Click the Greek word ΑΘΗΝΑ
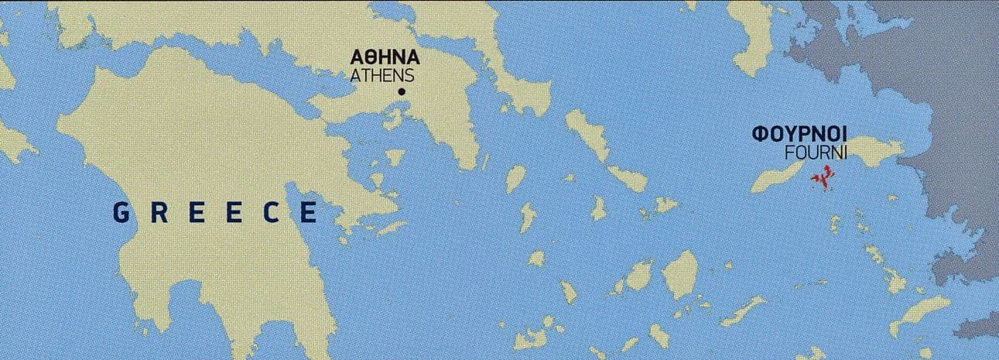click(x=385, y=58)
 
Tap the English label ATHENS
click(x=382, y=76)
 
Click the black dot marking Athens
click(x=401, y=93)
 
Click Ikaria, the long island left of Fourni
click(x=778, y=177)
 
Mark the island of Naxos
click(x=680, y=271)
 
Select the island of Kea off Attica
click(x=515, y=179)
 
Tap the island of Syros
click(x=598, y=207)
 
